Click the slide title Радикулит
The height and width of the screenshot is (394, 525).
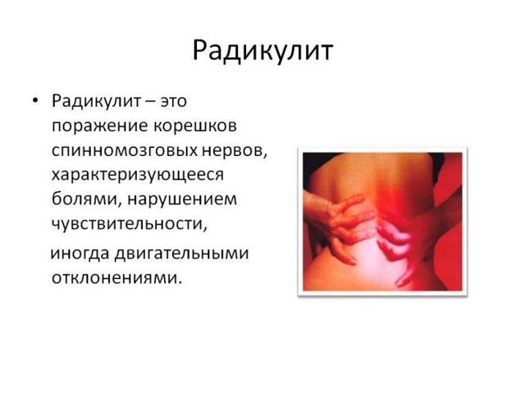262,51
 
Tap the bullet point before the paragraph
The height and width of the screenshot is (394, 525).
34,101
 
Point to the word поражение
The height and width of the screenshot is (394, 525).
97,126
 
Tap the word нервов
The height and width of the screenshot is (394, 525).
239,152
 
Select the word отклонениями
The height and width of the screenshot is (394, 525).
115,278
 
